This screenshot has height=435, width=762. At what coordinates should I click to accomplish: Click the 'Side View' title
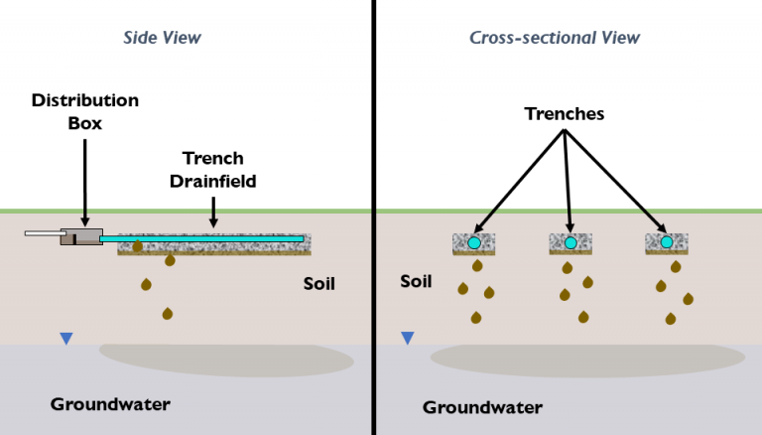[162, 38]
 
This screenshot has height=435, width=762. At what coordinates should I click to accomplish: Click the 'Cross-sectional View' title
[554, 38]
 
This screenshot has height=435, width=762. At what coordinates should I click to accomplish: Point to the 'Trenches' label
[565, 114]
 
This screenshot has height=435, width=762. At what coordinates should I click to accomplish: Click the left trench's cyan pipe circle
[474, 242]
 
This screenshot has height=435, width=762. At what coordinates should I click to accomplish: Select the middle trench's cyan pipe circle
[571, 242]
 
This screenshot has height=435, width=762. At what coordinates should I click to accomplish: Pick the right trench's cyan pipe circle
[667, 242]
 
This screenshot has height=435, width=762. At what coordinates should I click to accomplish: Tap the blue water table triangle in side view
[65, 339]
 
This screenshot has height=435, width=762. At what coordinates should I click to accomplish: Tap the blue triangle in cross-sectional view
[407, 339]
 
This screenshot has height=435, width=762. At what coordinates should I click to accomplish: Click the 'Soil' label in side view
[318, 284]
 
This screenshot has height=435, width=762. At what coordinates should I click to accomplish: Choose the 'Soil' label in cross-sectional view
[416, 281]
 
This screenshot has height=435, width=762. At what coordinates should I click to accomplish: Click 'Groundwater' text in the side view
[110, 404]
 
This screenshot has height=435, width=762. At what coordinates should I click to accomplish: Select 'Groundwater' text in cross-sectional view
[482, 407]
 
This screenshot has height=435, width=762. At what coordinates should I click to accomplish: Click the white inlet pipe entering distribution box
[43, 235]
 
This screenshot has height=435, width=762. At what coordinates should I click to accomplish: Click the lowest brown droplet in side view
[167, 314]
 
